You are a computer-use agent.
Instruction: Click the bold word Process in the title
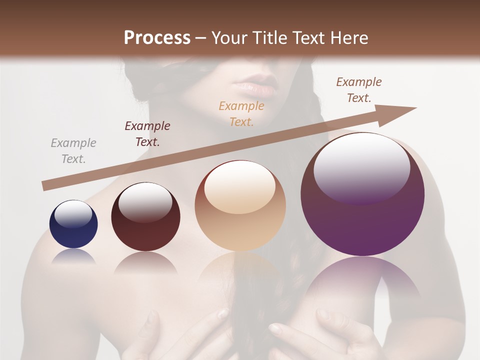(157, 38)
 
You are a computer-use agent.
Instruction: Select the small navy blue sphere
(73, 224)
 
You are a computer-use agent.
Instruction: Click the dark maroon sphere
(145, 217)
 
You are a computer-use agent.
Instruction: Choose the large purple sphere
(362, 194)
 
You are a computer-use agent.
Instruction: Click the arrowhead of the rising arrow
(399, 111)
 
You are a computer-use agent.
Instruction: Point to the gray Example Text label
(73, 151)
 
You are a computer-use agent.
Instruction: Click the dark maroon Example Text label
(147, 134)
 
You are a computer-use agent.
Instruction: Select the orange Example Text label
(241, 113)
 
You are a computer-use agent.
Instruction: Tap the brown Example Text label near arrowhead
(359, 90)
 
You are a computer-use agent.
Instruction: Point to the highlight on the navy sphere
(73, 214)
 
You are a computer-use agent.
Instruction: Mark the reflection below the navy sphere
(73, 256)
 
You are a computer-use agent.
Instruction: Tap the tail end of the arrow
(46, 186)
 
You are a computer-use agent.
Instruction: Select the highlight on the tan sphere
(240, 186)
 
